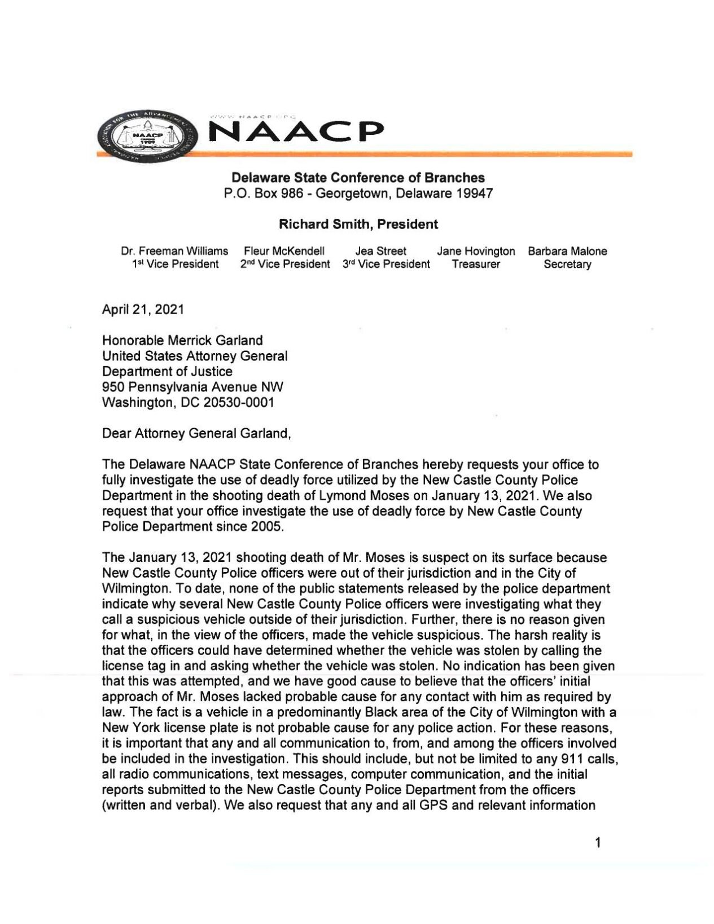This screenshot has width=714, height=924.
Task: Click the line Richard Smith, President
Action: (x=358, y=225)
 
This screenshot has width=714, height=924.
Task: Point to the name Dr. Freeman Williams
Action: (x=175, y=251)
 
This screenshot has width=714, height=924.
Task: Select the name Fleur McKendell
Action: (x=284, y=251)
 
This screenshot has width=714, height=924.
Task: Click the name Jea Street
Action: (x=381, y=251)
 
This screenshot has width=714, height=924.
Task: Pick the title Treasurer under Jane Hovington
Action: (x=476, y=265)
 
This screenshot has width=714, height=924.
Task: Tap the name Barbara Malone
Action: (x=567, y=251)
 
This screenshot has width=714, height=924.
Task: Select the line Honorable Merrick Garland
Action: (x=182, y=341)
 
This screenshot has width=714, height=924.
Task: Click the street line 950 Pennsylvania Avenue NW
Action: (x=192, y=387)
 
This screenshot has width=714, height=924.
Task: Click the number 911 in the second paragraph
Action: (x=572, y=759)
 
